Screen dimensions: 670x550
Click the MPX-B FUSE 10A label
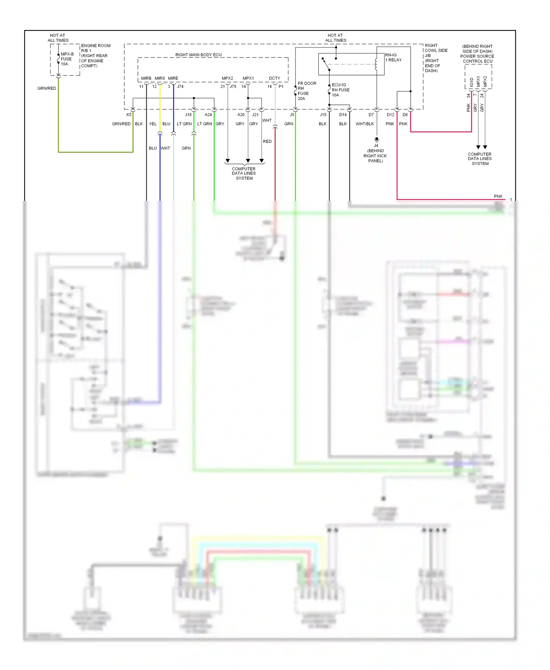(x=67, y=59)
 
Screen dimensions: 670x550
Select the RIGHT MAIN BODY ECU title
(x=198, y=55)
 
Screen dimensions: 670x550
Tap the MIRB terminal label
(x=146, y=78)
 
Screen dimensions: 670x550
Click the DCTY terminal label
(x=274, y=78)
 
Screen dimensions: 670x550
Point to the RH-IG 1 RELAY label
(x=393, y=58)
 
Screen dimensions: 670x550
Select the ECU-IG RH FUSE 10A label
(x=340, y=90)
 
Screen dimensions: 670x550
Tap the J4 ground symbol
(x=376, y=140)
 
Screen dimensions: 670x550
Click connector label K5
(x=129, y=115)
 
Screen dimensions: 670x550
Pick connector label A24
(x=208, y=115)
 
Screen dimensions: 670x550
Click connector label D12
(x=390, y=115)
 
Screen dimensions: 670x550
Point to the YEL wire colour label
(x=153, y=124)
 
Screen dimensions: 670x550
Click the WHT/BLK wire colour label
(x=365, y=124)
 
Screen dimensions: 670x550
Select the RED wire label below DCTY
(x=267, y=141)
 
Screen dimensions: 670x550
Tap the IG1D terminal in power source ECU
(x=472, y=82)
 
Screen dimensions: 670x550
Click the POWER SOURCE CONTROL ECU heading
(x=477, y=59)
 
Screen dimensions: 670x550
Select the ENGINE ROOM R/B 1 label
(x=95, y=48)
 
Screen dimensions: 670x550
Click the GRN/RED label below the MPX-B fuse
(x=47, y=88)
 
